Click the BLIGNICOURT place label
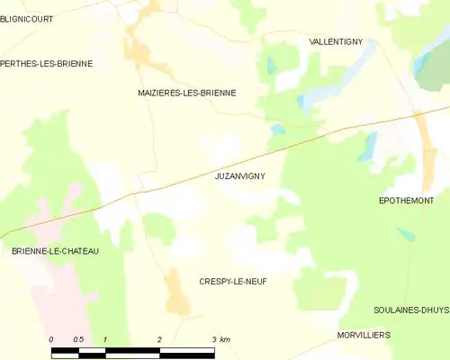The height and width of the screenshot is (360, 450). (x=27, y=17)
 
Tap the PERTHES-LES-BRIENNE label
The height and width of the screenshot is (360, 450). (x=47, y=63)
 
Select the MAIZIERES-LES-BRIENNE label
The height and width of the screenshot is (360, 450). (x=186, y=93)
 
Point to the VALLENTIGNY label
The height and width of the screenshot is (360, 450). (x=335, y=41)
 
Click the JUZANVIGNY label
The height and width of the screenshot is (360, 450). (x=240, y=176)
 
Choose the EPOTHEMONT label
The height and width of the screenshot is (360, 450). (x=406, y=201)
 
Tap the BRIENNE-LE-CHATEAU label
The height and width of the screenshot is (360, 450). (x=55, y=251)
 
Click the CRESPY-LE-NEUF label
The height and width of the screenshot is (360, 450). (x=232, y=282)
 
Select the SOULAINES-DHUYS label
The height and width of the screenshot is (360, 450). (x=410, y=310)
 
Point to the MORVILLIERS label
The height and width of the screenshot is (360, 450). (x=363, y=335)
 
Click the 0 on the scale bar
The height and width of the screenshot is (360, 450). (x=51, y=339)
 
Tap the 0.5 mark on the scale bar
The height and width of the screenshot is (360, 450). (x=78, y=339)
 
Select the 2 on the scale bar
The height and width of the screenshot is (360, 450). (x=159, y=339)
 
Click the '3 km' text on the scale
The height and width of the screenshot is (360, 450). (x=220, y=339)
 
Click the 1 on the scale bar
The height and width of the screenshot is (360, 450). (x=105, y=339)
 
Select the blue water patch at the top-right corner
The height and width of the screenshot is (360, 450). (x=420, y=63)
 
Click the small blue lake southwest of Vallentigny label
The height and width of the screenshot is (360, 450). (x=270, y=66)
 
